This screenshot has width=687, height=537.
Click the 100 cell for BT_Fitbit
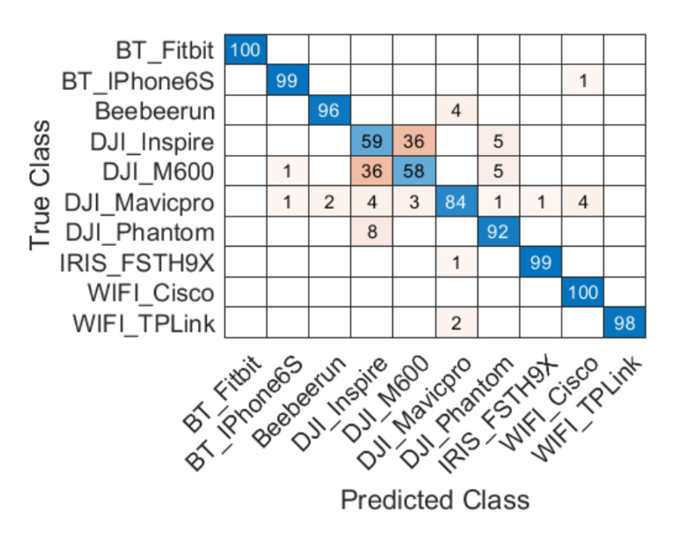[246, 50]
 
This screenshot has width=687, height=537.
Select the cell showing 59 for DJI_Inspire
[372, 141]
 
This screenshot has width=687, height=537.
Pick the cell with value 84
[456, 202]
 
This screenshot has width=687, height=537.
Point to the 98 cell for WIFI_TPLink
[625, 323]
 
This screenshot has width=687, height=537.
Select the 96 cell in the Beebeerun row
[330, 111]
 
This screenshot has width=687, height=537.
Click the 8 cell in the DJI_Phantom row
[372, 232]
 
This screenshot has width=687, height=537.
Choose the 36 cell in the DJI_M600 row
[372, 171]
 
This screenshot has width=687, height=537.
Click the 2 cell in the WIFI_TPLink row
[456, 323]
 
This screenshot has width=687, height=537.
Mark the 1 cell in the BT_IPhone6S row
[582, 81]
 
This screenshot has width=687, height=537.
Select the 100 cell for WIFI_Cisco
[582, 293]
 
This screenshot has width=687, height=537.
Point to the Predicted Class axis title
[434, 500]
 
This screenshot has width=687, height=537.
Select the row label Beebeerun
[155, 111]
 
